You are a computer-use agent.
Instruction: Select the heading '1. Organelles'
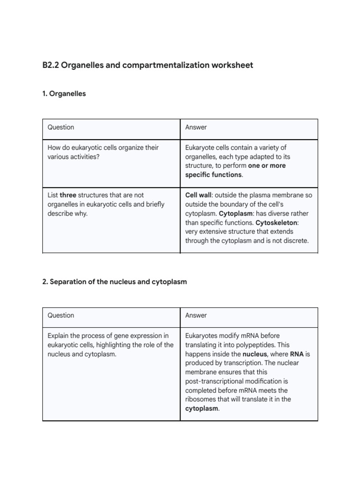coord(64,94)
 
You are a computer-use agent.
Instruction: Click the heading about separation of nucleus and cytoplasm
coord(114,282)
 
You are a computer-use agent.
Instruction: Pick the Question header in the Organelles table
coord(61,127)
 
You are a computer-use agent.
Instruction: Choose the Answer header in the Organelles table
coord(196,127)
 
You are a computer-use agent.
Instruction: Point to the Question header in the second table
coord(61,315)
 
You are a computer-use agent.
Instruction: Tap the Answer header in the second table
coord(196,315)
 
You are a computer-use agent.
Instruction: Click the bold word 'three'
coord(68,195)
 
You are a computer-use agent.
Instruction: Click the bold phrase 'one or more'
coord(267,165)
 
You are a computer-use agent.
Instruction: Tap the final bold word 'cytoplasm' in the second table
coord(202,408)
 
